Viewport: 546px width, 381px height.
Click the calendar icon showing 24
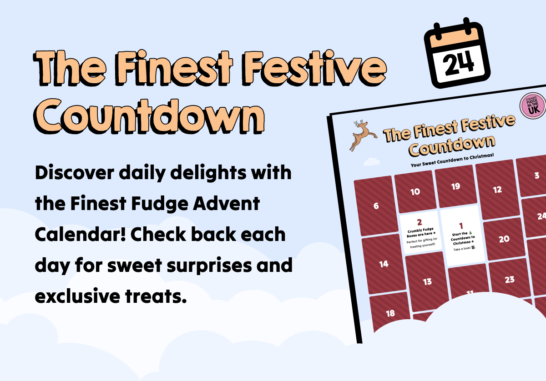coord(458,54)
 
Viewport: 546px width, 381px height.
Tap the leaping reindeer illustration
coord(362,135)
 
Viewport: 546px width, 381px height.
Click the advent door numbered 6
coord(375,206)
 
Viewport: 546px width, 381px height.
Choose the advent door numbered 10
coord(415,191)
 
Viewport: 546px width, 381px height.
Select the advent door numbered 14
coord(384,264)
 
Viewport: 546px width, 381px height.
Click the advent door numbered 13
coord(427,282)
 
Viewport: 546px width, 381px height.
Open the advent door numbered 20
coord(504,239)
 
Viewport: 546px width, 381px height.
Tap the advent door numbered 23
coord(510,279)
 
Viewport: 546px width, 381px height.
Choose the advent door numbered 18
coord(390,313)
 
